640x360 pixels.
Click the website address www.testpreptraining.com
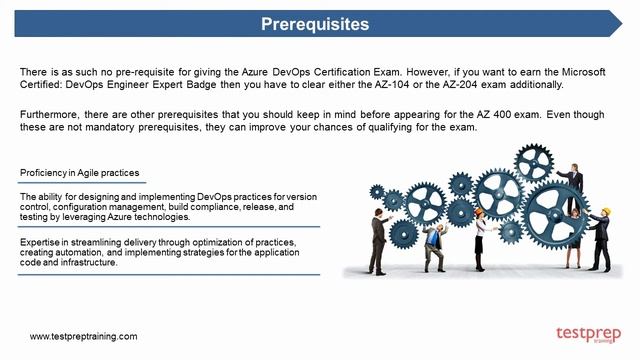[83, 337]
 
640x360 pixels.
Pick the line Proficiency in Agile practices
[80, 173]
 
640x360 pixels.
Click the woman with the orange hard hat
[480, 232]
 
